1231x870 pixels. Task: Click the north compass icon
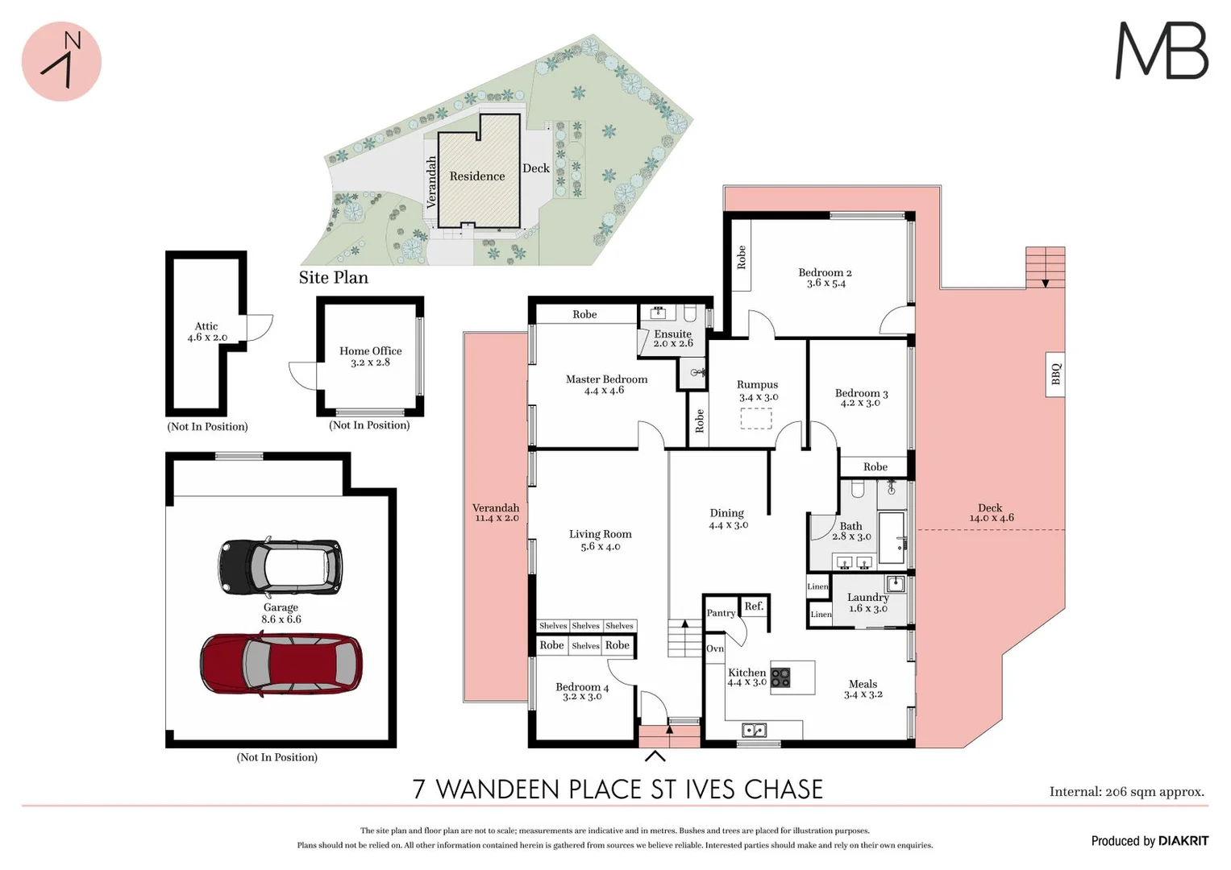click(61, 61)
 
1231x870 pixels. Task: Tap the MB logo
click(1161, 51)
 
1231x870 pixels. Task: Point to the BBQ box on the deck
click(1055, 375)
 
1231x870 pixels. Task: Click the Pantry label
click(721, 613)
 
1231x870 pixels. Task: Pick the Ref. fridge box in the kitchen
click(754, 607)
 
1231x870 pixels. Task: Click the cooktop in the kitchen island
click(780, 677)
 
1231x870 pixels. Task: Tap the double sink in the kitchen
click(754, 731)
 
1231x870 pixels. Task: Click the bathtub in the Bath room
click(892, 537)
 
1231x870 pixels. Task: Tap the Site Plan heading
click(333, 278)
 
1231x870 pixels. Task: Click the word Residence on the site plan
click(477, 176)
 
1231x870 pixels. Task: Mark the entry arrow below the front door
click(655, 756)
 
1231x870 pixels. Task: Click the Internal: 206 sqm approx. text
click(1126, 792)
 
